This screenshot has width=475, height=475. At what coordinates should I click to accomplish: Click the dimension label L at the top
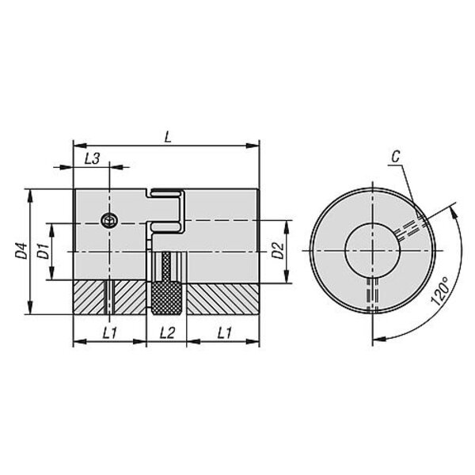(x=168, y=137)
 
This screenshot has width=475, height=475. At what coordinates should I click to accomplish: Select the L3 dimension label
(x=92, y=158)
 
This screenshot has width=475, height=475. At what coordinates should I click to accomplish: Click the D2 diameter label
(x=277, y=250)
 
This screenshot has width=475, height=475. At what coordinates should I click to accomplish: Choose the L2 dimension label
(x=167, y=333)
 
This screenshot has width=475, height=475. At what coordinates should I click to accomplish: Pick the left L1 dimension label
(x=110, y=333)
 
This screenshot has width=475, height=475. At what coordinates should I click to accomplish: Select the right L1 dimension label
(x=225, y=333)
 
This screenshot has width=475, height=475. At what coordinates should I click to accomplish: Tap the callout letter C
(x=396, y=157)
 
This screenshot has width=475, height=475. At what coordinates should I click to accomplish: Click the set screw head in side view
(x=109, y=221)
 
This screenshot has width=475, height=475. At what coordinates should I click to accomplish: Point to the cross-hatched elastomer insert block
(x=166, y=298)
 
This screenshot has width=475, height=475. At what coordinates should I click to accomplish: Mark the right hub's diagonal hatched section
(x=222, y=299)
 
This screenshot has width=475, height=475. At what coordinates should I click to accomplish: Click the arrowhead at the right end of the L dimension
(x=253, y=146)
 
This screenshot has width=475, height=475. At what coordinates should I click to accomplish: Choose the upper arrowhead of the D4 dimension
(x=30, y=196)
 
